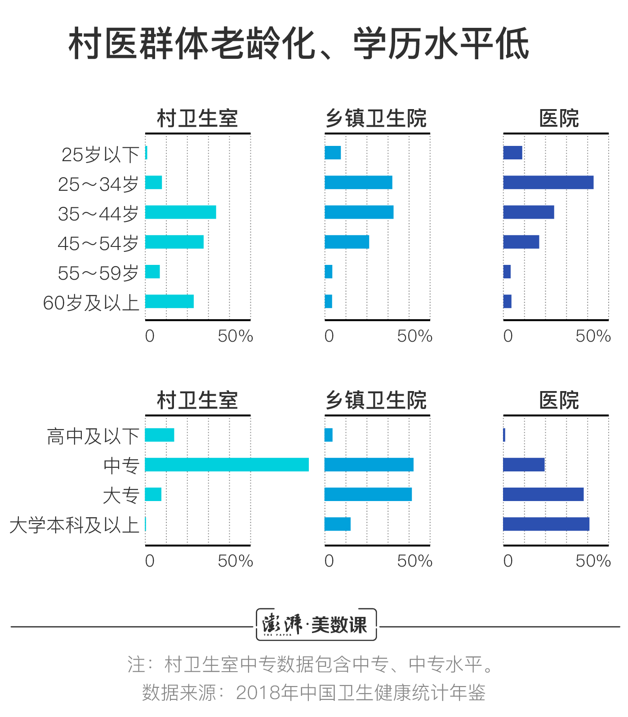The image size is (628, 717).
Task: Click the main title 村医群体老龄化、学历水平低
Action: (x=299, y=44)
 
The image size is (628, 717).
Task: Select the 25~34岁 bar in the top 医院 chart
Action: (x=548, y=183)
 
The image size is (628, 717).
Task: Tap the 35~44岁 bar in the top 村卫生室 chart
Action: (x=180, y=212)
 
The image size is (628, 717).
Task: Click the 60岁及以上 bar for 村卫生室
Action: (x=169, y=301)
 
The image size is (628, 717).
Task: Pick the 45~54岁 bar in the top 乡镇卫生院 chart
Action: (x=347, y=242)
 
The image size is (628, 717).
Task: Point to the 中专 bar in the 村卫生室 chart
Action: (x=227, y=465)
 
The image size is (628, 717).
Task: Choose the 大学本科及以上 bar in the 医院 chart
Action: (x=546, y=524)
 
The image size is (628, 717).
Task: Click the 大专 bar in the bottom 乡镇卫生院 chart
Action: (x=368, y=494)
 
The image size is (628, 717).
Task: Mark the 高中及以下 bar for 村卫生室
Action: (x=160, y=435)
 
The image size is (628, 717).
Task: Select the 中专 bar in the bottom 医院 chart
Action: (x=524, y=465)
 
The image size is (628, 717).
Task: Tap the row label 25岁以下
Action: (x=100, y=154)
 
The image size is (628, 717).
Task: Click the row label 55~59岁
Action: (x=98, y=273)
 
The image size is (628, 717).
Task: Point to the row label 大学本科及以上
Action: (x=74, y=525)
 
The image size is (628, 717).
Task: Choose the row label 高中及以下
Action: (x=93, y=436)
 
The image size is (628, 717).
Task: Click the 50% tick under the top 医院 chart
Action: (x=593, y=336)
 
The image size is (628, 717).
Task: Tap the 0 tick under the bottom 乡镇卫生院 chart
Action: (x=329, y=561)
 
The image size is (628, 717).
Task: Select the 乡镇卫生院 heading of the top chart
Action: (x=376, y=119)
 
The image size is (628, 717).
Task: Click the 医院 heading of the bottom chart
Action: (x=559, y=400)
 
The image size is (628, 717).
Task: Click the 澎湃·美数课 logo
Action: (x=316, y=625)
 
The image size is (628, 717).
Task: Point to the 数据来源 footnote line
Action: (x=314, y=692)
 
